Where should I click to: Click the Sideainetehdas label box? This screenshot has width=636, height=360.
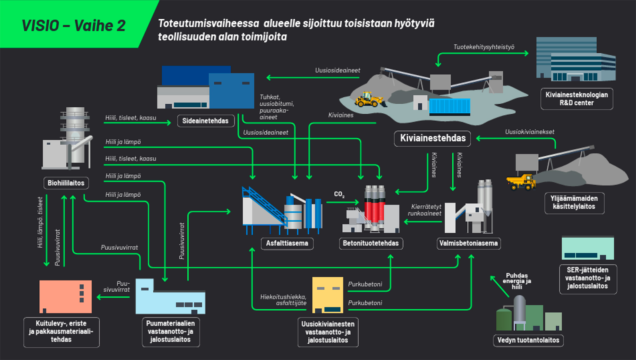205,121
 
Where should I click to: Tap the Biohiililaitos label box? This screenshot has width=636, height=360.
66,183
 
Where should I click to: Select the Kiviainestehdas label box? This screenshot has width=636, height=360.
432,138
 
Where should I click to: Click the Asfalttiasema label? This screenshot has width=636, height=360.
287,243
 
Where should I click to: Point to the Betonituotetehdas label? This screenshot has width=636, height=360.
370,243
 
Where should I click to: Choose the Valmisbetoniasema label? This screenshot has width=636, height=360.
468,243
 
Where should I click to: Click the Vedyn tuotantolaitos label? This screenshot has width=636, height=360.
528,340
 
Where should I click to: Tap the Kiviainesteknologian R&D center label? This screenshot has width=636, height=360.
576,99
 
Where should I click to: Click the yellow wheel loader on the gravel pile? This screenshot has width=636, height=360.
369,100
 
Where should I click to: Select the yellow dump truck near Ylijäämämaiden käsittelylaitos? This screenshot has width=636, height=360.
521,182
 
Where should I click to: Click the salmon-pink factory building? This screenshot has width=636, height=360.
66,296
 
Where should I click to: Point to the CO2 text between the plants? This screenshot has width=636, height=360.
339,194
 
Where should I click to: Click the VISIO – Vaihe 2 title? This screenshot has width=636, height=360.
74,26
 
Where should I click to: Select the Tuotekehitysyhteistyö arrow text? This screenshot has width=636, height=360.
484,47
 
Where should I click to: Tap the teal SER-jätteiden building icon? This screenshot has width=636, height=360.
588,248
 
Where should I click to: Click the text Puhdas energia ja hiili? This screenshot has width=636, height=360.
517,281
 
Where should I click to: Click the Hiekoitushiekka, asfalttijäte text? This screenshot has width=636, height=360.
283,300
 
